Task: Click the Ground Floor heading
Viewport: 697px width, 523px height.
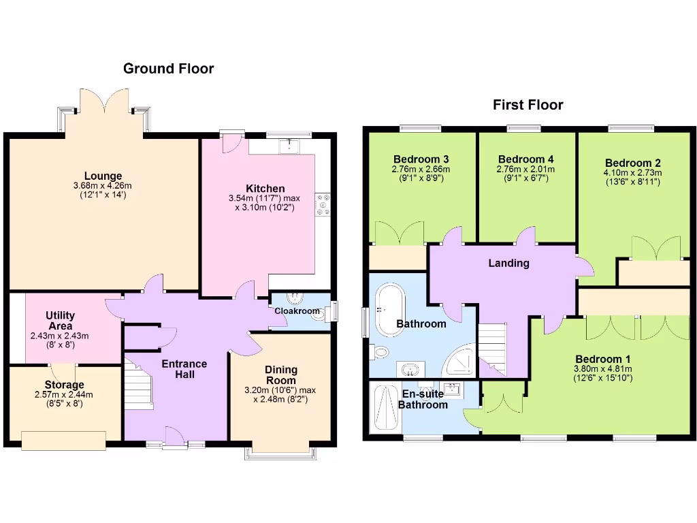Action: click(x=168, y=69)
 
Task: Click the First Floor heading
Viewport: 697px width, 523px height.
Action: click(x=528, y=105)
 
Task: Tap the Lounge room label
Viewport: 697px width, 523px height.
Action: click(x=103, y=176)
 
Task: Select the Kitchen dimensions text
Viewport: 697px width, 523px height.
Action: click(x=265, y=203)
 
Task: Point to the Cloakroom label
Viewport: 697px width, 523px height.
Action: click(x=297, y=311)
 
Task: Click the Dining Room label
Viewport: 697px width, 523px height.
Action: click(x=280, y=375)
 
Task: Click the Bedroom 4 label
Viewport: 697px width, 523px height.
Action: click(x=522, y=159)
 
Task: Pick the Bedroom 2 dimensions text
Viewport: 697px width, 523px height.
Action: click(x=633, y=177)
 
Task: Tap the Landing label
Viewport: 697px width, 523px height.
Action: click(x=508, y=263)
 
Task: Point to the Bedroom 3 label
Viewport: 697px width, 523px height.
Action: click(x=421, y=159)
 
